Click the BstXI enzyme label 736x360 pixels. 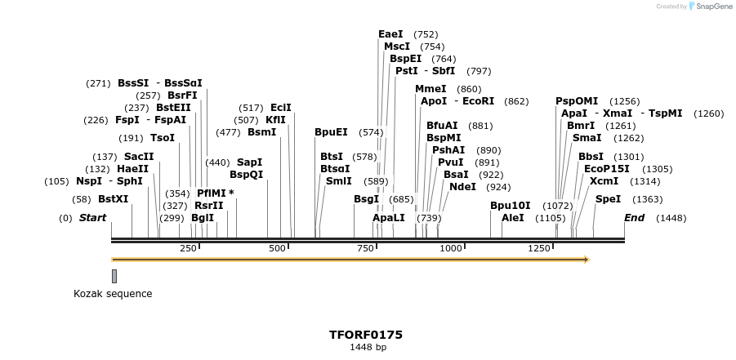pyautogui.click(x=113, y=199)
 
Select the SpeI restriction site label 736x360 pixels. pyautogui.click(x=608, y=199)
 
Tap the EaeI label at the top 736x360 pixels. pyautogui.click(x=390, y=34)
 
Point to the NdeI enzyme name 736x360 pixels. pyautogui.click(x=462, y=187)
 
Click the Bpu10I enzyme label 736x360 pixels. pyautogui.click(x=510, y=206)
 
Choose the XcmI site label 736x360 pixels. pyautogui.click(x=604, y=181)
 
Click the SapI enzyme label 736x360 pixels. pyautogui.click(x=249, y=162)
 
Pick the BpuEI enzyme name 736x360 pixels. pyautogui.click(x=331, y=132)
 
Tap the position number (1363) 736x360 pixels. pyautogui.click(x=648, y=199)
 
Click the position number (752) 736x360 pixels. pyautogui.click(x=426, y=34)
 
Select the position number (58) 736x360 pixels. pyautogui.click(x=81, y=199)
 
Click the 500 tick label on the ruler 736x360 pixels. pyautogui.click(x=278, y=248)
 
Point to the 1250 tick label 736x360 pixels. pyautogui.click(x=539, y=248)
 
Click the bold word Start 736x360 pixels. pyautogui.click(x=92, y=218)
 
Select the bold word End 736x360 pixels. pyautogui.click(x=635, y=218)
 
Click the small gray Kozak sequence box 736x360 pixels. pyautogui.click(x=114, y=276)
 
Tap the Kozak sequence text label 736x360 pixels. pyautogui.click(x=113, y=294)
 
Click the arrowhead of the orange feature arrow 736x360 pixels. pyautogui.click(x=585, y=260)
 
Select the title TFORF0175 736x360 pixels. pyautogui.click(x=366, y=335)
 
